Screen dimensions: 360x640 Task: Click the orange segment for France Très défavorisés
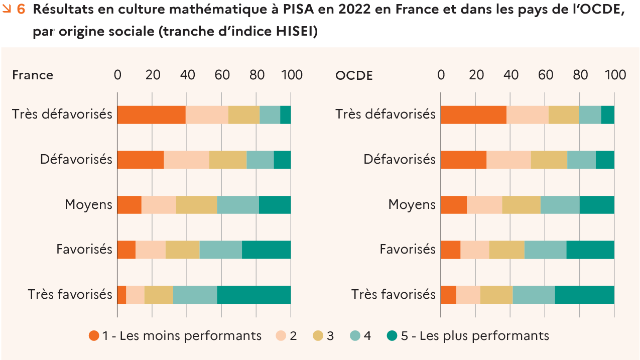coord(151,115)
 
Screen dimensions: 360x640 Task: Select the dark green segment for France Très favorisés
coord(254,295)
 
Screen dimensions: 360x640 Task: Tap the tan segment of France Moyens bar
coord(196,205)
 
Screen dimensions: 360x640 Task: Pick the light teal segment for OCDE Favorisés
coord(545,250)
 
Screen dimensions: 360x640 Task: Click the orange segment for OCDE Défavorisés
coord(463,160)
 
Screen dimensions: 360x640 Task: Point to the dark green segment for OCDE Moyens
coord(597,205)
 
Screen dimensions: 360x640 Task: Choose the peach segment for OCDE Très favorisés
coord(468,295)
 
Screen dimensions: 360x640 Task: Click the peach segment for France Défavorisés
coord(187,160)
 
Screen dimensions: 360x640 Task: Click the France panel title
coord(33,75)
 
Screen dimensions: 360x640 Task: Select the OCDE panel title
coord(354,75)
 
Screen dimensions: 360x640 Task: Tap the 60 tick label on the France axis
coord(222,75)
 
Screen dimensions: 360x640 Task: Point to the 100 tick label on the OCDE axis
coord(615,75)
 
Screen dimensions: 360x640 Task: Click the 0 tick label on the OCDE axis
coord(441,75)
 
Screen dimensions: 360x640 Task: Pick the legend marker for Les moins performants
coord(94,336)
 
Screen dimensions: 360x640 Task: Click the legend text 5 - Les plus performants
coord(475,335)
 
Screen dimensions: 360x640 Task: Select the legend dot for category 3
coord(318,336)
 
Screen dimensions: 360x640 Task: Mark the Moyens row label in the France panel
coord(88,205)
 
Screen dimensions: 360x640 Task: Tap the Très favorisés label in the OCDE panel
coord(394,294)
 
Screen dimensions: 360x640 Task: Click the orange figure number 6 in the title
coord(21,11)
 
